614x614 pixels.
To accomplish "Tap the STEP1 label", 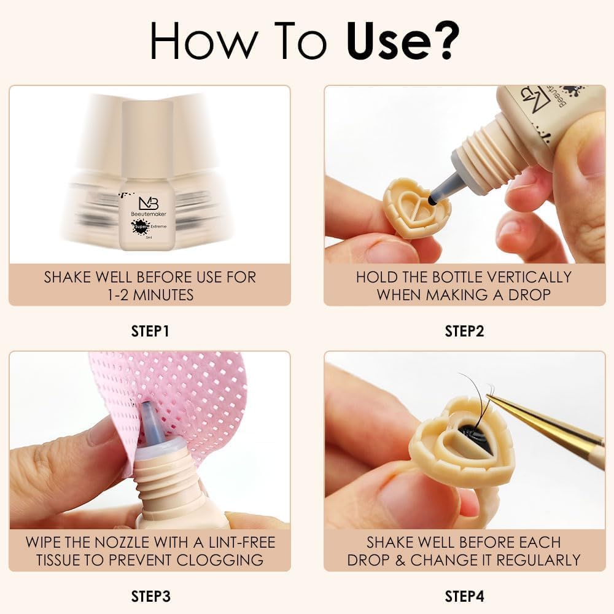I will pos(150,331).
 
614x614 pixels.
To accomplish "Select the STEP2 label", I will pos(464,331).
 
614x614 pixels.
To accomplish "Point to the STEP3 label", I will pos(150,596).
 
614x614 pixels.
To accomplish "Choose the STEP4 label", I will pos(464,596).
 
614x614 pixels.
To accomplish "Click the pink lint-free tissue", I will pos(184,393).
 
